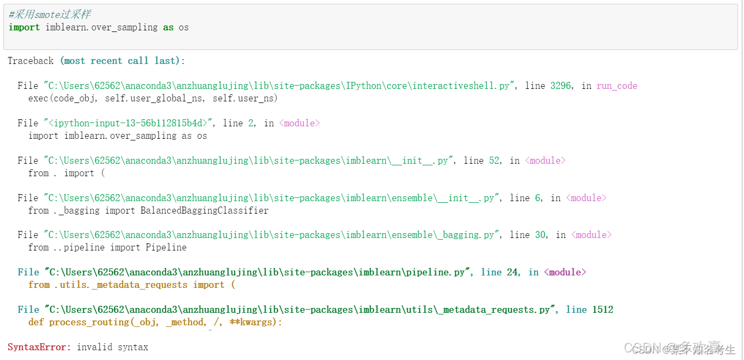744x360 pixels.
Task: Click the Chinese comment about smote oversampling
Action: (x=49, y=15)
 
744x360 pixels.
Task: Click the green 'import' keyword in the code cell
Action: (x=24, y=27)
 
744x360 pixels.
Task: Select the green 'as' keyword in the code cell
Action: (x=168, y=27)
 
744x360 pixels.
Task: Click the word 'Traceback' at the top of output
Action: (x=31, y=61)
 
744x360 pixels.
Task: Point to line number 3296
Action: (x=560, y=86)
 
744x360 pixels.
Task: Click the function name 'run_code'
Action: (x=617, y=86)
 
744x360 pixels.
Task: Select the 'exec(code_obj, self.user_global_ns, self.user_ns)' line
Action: (x=153, y=98)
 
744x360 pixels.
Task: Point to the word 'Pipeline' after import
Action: (x=166, y=247)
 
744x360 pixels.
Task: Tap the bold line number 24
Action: (x=512, y=272)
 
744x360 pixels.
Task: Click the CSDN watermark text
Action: (x=645, y=349)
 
